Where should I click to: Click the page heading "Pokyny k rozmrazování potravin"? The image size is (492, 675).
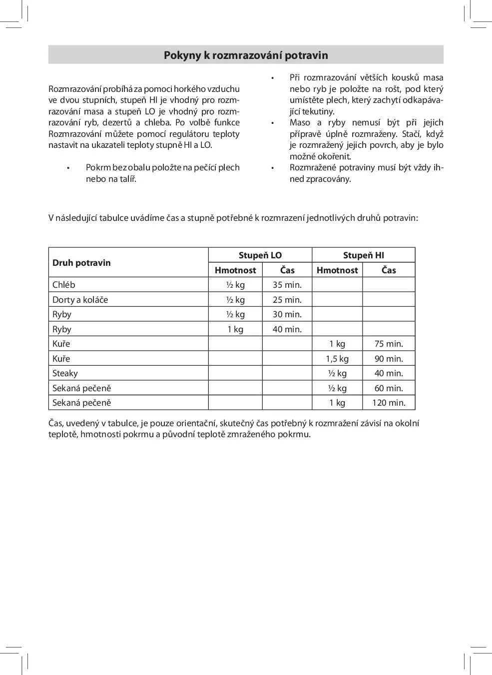pyautogui.click(x=246, y=55)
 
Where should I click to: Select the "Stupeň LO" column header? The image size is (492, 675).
pyautogui.click(x=260, y=255)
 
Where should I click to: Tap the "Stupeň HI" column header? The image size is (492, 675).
pyautogui.click(x=363, y=255)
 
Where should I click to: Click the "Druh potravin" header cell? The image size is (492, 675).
pyautogui.click(x=81, y=263)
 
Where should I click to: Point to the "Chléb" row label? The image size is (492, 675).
pyautogui.click(x=64, y=285)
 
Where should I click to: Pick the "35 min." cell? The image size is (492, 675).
pyautogui.click(x=287, y=285)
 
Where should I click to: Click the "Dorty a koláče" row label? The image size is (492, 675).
pyautogui.click(x=80, y=300)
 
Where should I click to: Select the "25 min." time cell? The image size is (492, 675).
pyautogui.click(x=287, y=300)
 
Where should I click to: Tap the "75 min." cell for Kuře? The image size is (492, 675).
pyautogui.click(x=389, y=344)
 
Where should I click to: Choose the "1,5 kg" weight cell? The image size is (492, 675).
pyautogui.click(x=337, y=359)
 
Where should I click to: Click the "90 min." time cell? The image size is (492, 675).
pyautogui.click(x=389, y=359)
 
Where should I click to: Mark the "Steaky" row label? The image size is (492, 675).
pyautogui.click(x=65, y=373)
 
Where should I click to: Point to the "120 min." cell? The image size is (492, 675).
pyautogui.click(x=389, y=403)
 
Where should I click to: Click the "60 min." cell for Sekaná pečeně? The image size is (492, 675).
pyautogui.click(x=389, y=388)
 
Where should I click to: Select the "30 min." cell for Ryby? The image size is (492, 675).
pyautogui.click(x=287, y=314)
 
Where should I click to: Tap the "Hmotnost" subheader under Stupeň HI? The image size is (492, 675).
pyautogui.click(x=337, y=270)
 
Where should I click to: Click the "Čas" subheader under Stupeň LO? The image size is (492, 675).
pyautogui.click(x=287, y=270)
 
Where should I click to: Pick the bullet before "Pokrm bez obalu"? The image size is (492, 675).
pyautogui.click(x=68, y=168)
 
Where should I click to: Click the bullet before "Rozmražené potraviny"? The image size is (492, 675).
pyautogui.click(x=272, y=168)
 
